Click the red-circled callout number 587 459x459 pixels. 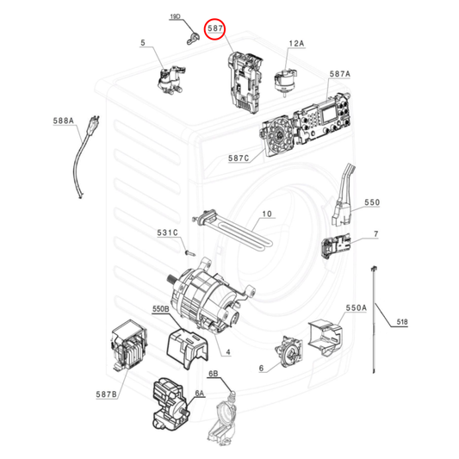coord(215,28)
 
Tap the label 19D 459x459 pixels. coord(175,16)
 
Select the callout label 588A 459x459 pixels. coord(63,121)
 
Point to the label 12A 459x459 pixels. coord(296,44)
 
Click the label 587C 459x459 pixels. coord(239,158)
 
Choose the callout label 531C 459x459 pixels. coord(167,233)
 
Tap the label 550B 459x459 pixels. coord(161,309)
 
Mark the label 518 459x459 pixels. coord(402,322)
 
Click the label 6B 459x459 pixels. coord(213,374)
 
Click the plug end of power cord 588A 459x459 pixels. coord(94,124)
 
